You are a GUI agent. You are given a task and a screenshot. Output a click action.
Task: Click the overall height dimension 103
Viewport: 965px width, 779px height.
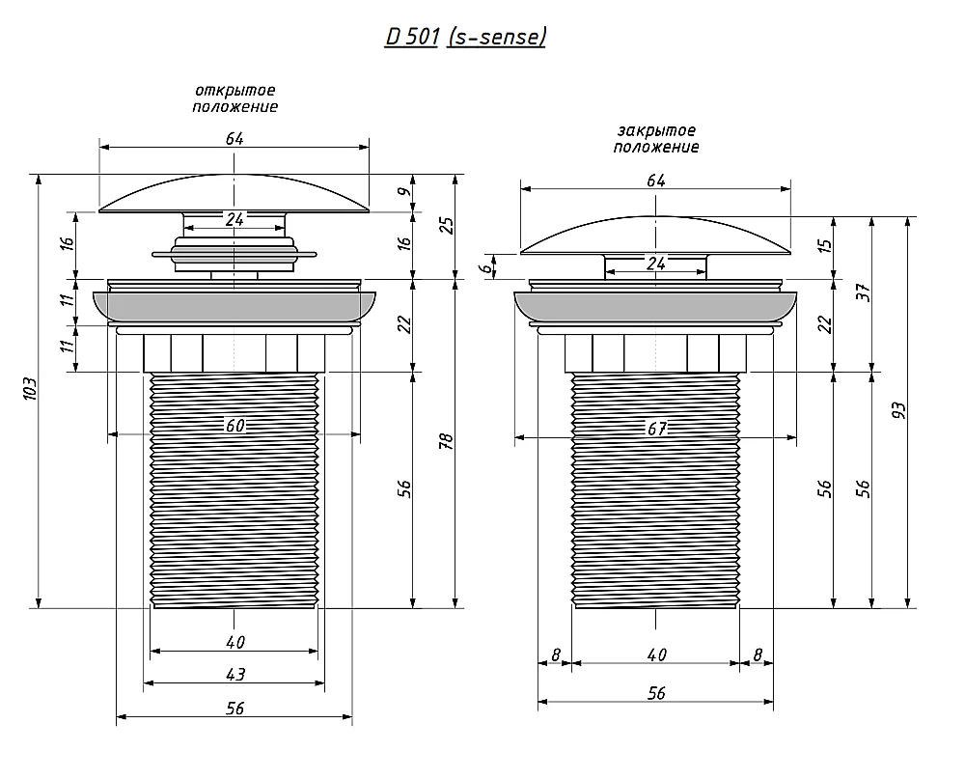(x=30, y=389)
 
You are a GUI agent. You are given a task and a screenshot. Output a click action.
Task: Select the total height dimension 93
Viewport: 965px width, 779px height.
(x=898, y=410)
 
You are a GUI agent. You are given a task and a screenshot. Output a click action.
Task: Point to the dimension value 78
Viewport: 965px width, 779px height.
(x=447, y=441)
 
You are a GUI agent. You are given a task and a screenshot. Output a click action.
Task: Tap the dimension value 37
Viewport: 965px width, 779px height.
(x=864, y=292)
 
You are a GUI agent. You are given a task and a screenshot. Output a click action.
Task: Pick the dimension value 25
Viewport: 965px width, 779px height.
(x=448, y=225)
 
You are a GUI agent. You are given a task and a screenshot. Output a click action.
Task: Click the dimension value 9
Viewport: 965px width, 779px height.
(x=404, y=191)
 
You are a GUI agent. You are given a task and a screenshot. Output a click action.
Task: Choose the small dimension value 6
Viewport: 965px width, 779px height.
(x=486, y=268)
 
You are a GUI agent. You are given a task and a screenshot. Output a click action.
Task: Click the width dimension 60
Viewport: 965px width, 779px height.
(x=235, y=426)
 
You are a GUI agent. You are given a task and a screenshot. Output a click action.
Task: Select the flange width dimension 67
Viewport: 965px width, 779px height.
(x=656, y=428)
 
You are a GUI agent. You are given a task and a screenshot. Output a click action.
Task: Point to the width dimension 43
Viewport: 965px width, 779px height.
(x=235, y=675)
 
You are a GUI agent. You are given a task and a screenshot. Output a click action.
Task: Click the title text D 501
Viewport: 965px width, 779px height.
(x=412, y=37)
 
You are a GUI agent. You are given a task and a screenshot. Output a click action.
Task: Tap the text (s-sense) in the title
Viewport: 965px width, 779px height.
(x=497, y=37)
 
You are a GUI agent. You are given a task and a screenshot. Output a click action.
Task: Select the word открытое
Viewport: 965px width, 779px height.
(x=235, y=91)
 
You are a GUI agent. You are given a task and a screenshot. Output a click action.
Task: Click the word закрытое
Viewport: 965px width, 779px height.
(x=656, y=130)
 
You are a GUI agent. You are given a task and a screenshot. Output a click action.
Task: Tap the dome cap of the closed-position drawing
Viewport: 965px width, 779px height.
(x=655, y=236)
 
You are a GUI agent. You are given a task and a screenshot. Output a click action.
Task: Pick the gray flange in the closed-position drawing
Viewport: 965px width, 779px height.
(x=655, y=306)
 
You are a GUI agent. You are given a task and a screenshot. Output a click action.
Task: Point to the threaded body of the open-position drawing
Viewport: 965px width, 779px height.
(x=234, y=490)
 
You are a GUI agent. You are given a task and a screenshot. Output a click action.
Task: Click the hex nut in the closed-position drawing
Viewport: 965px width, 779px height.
(x=655, y=353)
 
